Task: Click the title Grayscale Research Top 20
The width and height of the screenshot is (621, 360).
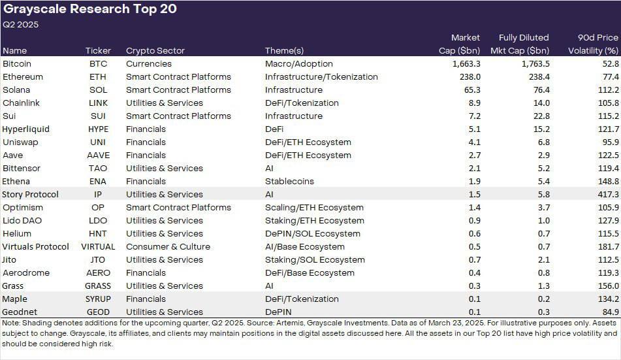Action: point(90,10)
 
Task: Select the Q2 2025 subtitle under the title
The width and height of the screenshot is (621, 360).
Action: point(21,25)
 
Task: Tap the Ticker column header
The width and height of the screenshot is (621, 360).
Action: point(98,50)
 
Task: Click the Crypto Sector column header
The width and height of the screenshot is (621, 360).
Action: point(155,50)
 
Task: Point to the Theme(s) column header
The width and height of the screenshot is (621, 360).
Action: point(285,50)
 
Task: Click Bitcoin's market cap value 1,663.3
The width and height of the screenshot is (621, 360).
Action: point(466,64)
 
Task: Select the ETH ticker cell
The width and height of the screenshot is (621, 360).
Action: point(98,77)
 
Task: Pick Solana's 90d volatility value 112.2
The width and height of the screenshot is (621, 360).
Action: point(606,90)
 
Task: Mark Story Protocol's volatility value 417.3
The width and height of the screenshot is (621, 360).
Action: point(606,195)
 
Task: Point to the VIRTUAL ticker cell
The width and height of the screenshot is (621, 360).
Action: point(98,247)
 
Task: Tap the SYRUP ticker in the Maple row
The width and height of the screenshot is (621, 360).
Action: point(98,299)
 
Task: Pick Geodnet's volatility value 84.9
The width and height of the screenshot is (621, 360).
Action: point(608,312)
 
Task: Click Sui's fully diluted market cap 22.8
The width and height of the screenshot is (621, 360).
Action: point(540,116)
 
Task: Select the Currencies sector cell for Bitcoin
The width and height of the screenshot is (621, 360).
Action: point(149,64)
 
